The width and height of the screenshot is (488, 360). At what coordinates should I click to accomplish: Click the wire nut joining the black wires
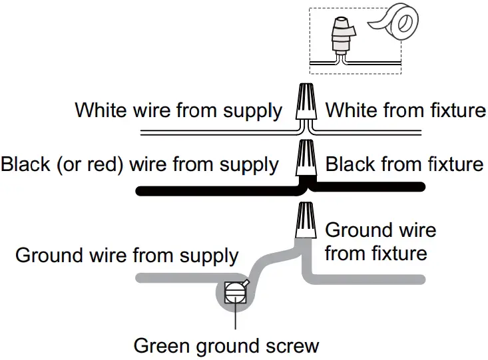(306, 158)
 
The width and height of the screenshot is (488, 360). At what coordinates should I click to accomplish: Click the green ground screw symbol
(234, 293)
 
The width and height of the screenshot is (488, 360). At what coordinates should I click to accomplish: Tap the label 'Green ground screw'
(226, 346)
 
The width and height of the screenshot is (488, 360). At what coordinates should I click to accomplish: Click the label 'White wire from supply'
(178, 110)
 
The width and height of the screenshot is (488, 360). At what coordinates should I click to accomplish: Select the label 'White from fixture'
(405, 110)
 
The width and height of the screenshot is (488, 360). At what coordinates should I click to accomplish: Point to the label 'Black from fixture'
(404, 164)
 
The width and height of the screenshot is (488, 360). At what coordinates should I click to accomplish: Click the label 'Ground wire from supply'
(126, 256)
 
